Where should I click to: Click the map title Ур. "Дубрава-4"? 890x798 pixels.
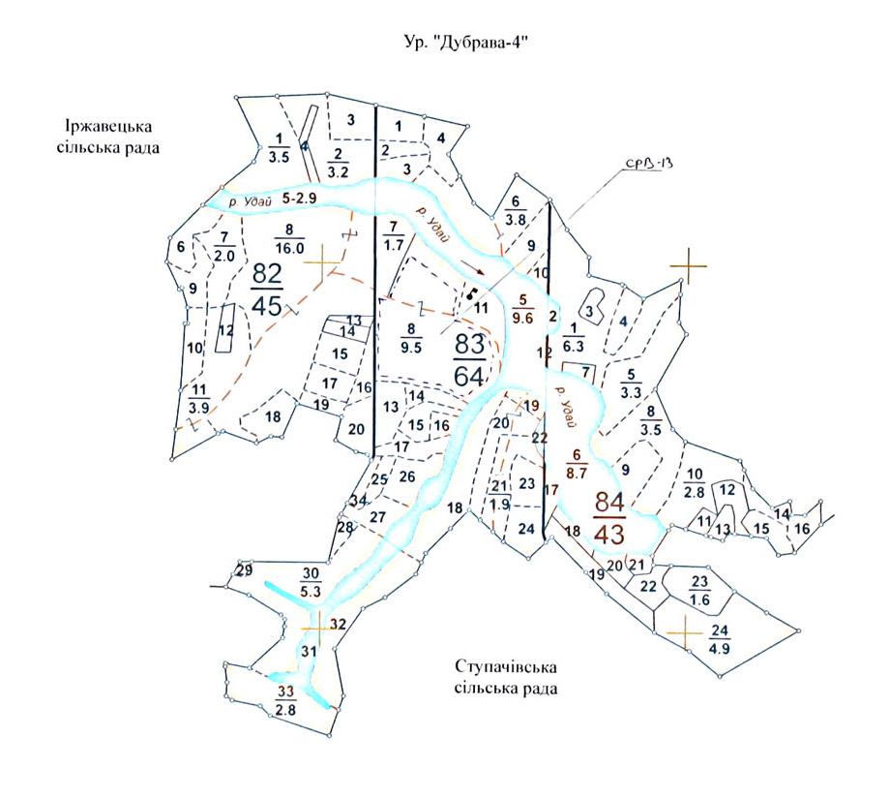[x=467, y=44]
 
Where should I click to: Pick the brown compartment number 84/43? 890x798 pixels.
[x=609, y=518]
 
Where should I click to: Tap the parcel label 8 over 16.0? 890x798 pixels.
[x=289, y=237]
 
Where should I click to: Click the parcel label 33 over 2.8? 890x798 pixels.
[x=285, y=700]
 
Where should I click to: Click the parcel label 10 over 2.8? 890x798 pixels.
[x=695, y=481]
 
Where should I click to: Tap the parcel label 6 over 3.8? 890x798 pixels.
[x=515, y=210]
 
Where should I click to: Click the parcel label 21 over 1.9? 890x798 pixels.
[x=499, y=494]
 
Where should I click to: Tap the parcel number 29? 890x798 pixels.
[x=244, y=570]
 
